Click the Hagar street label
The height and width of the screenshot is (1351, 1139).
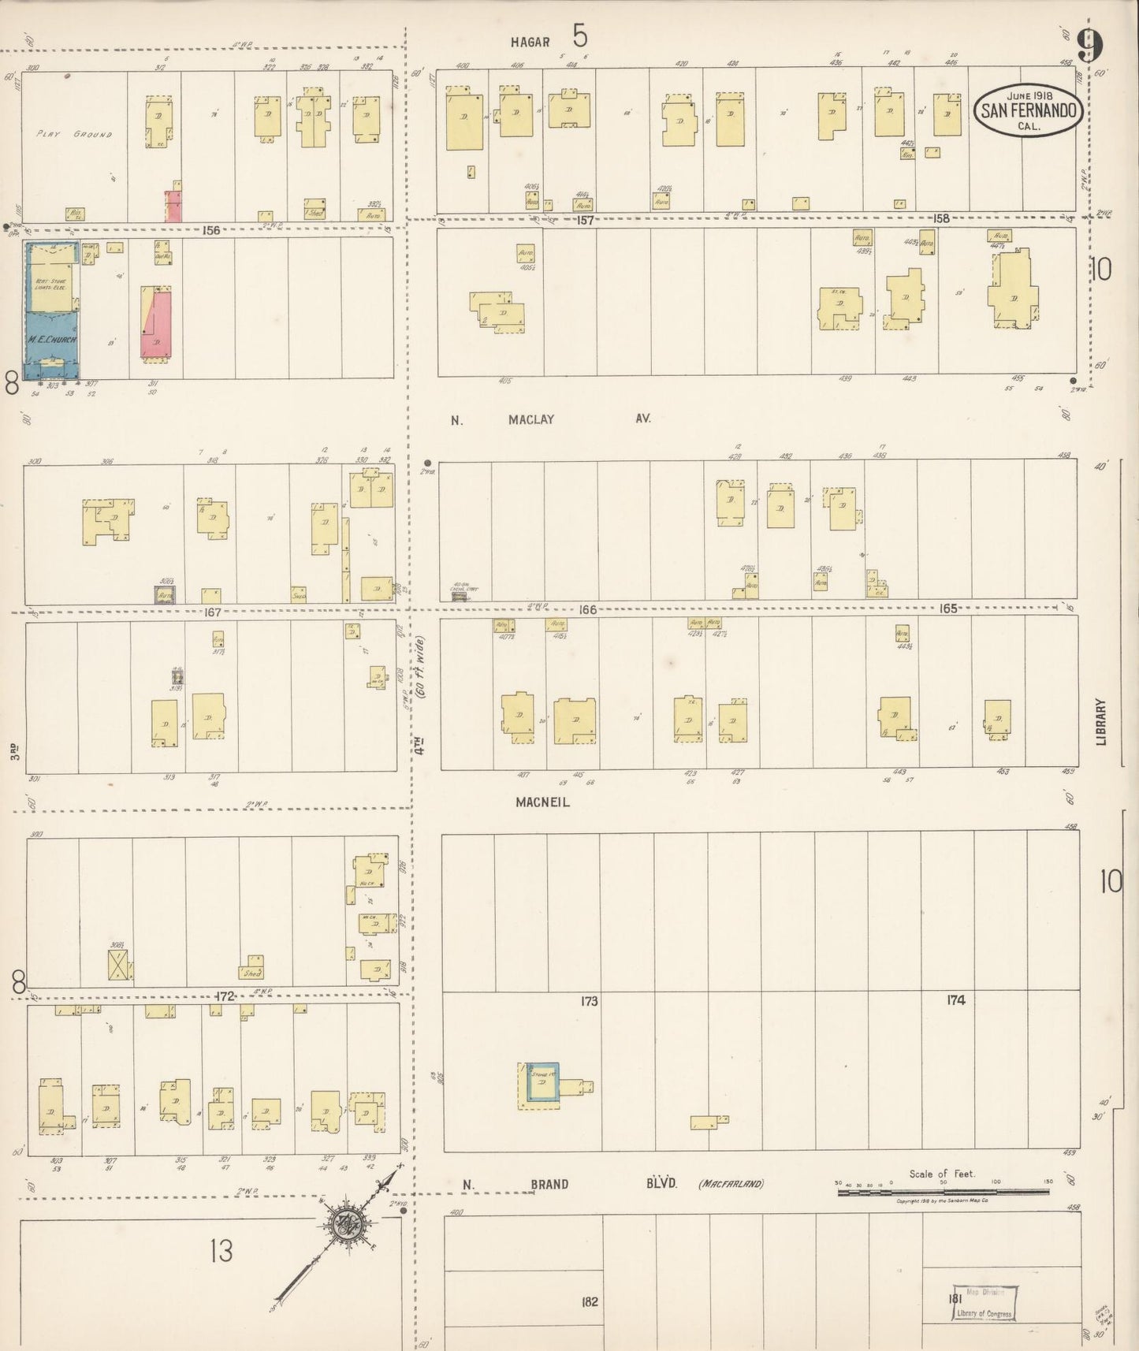coord(529,42)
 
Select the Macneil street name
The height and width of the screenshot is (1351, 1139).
coord(542,802)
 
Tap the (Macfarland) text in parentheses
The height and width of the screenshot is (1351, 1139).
coord(731,1184)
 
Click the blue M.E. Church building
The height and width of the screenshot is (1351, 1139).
coord(51,311)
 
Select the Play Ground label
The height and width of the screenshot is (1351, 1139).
coord(74,134)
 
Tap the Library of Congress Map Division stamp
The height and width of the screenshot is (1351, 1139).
coord(984,1302)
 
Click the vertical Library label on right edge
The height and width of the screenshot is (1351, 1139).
coord(1100,721)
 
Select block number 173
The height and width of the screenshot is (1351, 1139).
coord(589,1001)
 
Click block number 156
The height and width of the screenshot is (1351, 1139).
coord(210,231)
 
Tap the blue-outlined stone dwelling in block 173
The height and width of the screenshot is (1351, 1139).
coord(543,1085)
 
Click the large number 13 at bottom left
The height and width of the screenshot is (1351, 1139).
coord(221,1250)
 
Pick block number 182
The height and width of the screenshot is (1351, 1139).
coord(589,1301)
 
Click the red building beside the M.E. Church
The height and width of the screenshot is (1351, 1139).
coord(158,323)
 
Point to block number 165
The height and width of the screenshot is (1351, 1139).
coord(947,609)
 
